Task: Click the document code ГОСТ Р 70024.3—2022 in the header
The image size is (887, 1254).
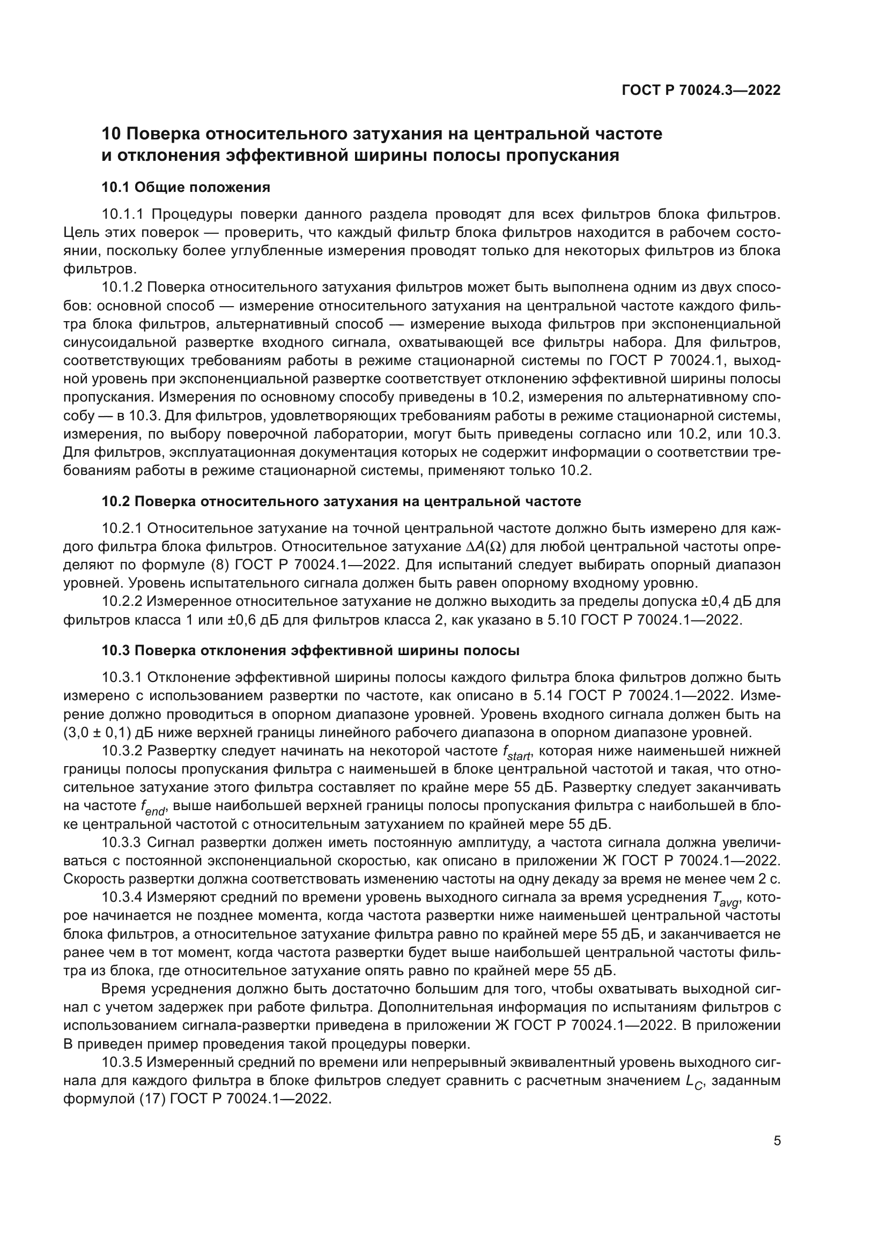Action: (701, 90)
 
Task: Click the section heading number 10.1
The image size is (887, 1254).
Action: (116, 187)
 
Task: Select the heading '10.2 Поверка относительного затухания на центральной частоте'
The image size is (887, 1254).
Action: (342, 501)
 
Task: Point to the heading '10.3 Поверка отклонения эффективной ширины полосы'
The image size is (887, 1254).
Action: (310, 650)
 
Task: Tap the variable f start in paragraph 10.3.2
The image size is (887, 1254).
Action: (516, 753)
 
